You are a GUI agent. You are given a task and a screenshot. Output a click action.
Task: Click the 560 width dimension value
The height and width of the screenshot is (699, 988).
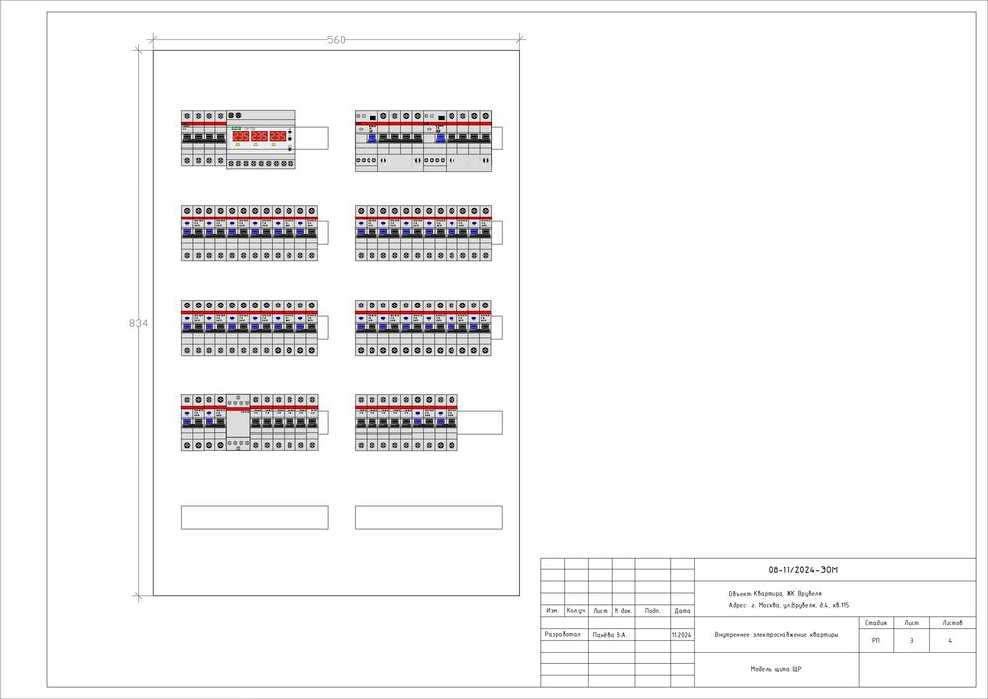point(336,40)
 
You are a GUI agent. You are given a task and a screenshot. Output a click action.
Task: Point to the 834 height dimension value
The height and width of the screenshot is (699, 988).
point(139,323)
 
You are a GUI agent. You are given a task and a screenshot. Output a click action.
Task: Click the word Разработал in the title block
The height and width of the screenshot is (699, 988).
point(563,634)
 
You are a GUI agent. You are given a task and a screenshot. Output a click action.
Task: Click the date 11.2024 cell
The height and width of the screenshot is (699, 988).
point(681,635)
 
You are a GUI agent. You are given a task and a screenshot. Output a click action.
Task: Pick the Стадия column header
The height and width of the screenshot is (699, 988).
point(875,623)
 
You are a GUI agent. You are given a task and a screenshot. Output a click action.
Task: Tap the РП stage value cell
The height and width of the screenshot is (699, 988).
point(875,642)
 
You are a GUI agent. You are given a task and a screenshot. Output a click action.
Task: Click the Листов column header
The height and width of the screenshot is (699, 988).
point(952,623)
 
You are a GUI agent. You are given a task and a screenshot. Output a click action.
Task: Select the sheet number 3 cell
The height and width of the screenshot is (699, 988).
point(911,642)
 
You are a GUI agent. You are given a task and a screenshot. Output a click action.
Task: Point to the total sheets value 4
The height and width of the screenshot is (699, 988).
point(950,642)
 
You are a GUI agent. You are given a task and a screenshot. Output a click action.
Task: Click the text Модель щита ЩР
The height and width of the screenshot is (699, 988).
point(775,669)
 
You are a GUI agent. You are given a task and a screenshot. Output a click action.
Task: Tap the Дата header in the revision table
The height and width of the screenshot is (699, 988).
point(682,611)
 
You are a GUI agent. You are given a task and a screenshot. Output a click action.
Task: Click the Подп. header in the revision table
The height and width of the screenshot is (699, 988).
point(652,611)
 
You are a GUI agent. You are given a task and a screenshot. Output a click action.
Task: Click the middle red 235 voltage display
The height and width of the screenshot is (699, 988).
point(259,136)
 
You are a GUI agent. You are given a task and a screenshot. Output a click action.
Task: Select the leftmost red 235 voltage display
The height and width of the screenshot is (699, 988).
point(240,136)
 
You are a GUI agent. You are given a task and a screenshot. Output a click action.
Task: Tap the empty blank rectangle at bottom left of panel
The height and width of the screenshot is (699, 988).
point(254,517)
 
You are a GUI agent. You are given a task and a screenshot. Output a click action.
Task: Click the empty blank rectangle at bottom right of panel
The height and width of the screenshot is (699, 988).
point(428,517)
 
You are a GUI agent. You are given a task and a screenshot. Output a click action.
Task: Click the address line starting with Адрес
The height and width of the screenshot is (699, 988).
point(787,604)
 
